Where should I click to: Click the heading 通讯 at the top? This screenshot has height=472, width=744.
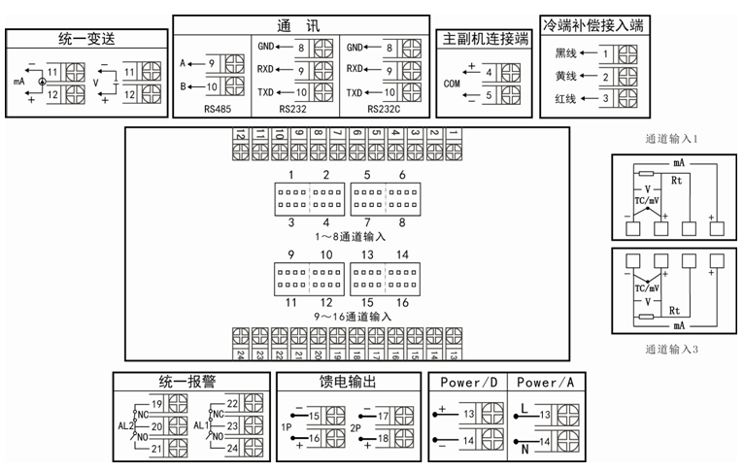tap(302, 24)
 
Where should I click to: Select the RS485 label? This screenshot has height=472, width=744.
tap(217, 108)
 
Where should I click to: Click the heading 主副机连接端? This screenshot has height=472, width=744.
tap(485, 40)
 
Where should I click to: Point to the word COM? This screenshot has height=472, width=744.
tap(451, 84)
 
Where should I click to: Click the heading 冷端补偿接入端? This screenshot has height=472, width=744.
tap(593, 25)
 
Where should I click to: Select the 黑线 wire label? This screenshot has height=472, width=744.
tap(565, 54)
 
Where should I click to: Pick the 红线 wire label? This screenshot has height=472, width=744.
tap(565, 99)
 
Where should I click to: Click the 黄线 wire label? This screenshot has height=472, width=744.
tap(565, 77)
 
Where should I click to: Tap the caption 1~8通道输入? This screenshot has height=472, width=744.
tap(353, 236)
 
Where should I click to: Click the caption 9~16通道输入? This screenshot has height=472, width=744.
tap(353, 316)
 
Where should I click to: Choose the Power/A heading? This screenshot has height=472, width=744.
tap(551, 382)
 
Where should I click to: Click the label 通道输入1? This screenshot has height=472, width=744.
tap(671, 139)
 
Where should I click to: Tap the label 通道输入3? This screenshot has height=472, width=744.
tap(671, 349)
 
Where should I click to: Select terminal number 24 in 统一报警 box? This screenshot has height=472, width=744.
tap(232, 448)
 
